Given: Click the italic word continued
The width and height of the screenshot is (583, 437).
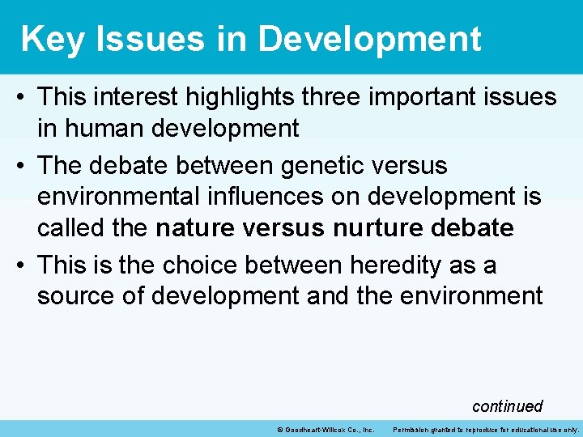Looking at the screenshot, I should coord(507,405).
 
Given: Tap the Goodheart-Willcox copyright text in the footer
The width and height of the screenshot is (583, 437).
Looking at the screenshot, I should coord(325,429).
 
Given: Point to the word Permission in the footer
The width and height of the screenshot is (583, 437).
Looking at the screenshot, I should coord(414,429).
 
